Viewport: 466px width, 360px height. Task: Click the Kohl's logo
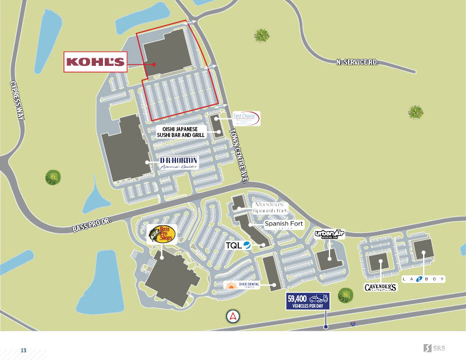click(x=95, y=62)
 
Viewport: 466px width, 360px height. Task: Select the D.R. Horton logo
click(x=179, y=163)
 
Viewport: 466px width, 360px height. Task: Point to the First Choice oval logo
click(x=246, y=119)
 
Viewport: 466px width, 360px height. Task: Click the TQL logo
click(x=239, y=245)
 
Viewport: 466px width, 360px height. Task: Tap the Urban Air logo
click(x=328, y=234)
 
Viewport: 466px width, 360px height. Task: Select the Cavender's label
click(x=381, y=287)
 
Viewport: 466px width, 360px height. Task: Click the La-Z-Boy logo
click(x=424, y=279)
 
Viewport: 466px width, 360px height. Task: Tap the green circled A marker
click(x=234, y=316)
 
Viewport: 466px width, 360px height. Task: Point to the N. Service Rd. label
click(x=356, y=61)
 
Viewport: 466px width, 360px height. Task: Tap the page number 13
click(x=24, y=351)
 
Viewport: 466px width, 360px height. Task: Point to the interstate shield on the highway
click(x=352, y=324)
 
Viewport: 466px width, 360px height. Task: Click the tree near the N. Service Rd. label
click(x=416, y=112)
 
